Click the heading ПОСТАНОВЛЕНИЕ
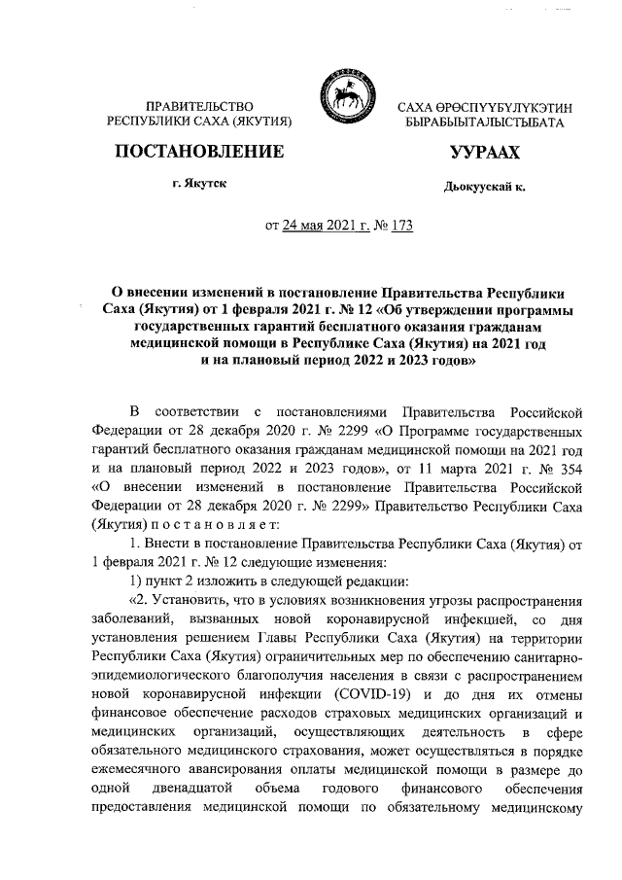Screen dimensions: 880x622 pos(198,152)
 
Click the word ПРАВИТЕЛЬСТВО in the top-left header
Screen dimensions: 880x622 pos(197,105)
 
